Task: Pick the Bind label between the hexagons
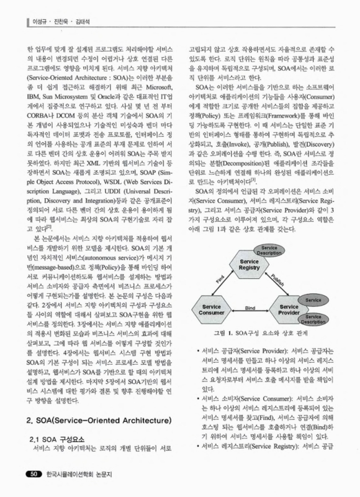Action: (x=251, y=307)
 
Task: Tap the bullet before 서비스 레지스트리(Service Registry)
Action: (x=198, y=447)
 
